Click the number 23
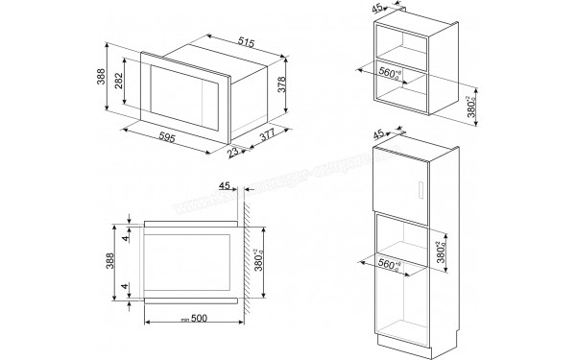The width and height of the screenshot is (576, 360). point(231,151)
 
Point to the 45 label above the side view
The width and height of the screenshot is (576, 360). point(226,186)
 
